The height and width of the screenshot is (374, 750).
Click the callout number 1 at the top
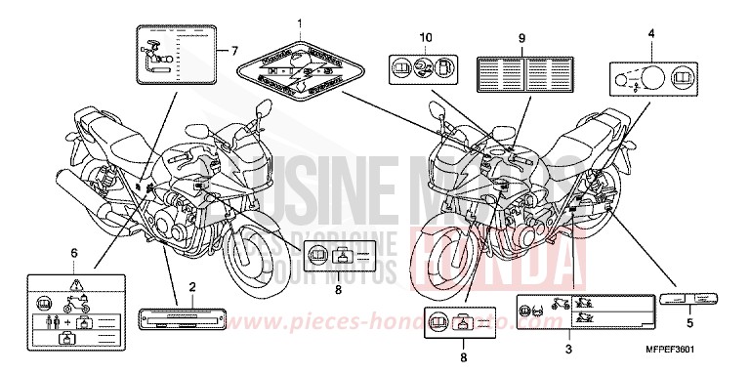tap(300, 22)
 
